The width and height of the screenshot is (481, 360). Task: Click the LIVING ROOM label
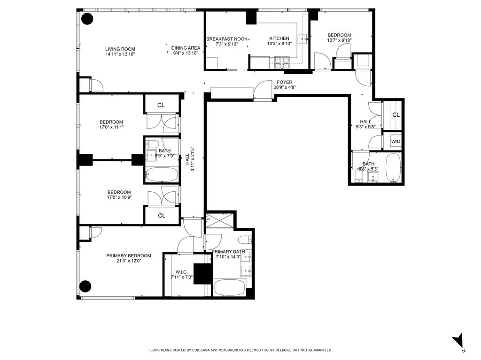coord(120,49)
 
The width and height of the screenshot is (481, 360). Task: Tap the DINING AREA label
coord(186,48)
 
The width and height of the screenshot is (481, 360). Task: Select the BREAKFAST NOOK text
coord(226,38)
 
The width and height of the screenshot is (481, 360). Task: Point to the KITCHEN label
coord(279,38)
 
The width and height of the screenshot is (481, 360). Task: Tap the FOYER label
coord(285,82)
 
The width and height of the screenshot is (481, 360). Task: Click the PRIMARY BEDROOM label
coord(129,255)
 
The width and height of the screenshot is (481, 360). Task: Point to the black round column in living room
coord(87,19)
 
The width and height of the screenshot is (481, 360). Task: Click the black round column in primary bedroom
coord(85,285)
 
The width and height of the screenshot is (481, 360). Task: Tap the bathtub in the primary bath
coord(229,287)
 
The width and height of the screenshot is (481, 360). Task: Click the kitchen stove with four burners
coord(283,61)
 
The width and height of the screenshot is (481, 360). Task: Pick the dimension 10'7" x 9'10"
coord(339,40)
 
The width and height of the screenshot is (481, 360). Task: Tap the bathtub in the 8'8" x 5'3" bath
coord(393,168)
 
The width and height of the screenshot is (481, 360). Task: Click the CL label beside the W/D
coord(396,115)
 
